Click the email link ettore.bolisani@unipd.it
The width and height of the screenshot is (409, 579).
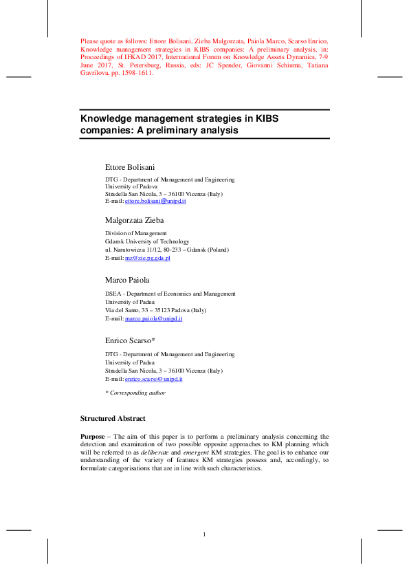coord(155,201)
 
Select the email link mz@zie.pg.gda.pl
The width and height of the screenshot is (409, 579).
coord(147,258)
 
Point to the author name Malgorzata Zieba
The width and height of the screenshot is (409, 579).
coord(135,220)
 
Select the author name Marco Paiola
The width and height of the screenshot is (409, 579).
coord(126,281)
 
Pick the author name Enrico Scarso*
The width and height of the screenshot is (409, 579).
coord(130,341)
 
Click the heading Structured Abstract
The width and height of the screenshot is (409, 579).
coord(113,418)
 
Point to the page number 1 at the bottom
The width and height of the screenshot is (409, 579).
coord(205,535)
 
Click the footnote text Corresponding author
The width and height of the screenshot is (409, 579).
coord(137,393)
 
